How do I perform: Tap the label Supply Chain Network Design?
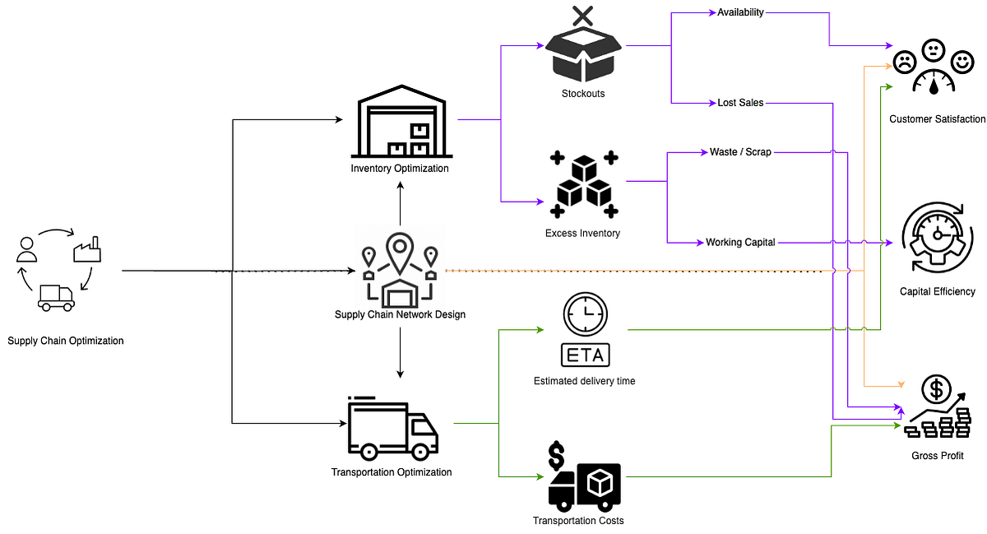tap(400, 314)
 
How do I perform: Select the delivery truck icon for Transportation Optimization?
tap(392, 429)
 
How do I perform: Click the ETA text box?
tap(585, 355)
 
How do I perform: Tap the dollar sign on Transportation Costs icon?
tap(557, 455)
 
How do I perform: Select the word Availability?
tap(740, 12)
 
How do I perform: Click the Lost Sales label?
tap(740, 103)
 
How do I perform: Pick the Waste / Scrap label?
tap(740, 152)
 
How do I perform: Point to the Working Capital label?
tap(740, 243)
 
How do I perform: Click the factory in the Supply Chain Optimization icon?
tap(86, 249)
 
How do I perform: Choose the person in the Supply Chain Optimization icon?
tap(27, 249)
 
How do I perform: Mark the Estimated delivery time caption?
tap(584, 381)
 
